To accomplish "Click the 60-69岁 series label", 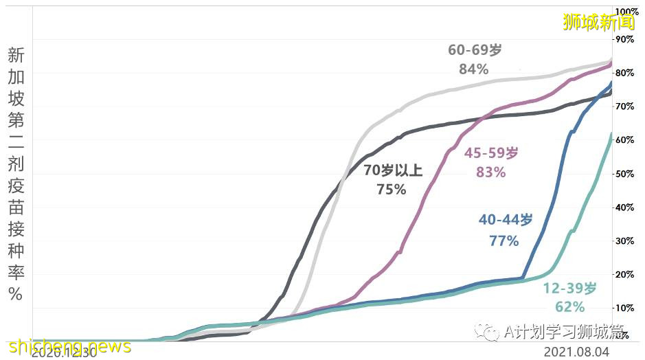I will point(475,50).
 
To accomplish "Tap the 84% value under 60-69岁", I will point(473,69).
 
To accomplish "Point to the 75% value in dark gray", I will point(391,190).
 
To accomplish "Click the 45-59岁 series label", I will point(490,154).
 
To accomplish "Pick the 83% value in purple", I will point(490,173).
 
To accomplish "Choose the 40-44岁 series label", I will point(506,221).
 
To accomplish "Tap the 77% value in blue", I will point(504,240).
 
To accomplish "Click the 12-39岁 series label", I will point(570,288).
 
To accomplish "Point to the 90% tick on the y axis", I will point(625,40).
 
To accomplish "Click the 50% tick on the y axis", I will point(625,174).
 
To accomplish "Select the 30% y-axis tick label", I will point(625,240).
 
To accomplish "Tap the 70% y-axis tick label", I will point(625,106).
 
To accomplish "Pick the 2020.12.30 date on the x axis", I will point(65,352).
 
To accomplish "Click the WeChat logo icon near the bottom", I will point(490,333).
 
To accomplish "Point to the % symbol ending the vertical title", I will point(15,294).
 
